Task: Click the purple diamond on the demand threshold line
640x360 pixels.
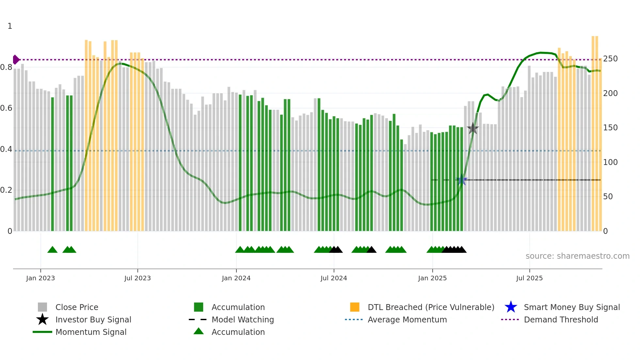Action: [x=16, y=60]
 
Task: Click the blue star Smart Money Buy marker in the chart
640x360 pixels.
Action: [x=462, y=180]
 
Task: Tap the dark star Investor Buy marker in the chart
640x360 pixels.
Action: [x=472, y=128]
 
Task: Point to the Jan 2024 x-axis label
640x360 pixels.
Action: [x=236, y=278]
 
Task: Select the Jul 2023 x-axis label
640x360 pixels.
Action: [x=137, y=278]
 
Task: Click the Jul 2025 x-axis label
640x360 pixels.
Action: [x=529, y=278]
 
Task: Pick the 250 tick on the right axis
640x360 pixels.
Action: [x=610, y=59]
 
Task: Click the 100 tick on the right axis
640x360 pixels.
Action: [x=610, y=162]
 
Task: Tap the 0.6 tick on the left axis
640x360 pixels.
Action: [x=6, y=108]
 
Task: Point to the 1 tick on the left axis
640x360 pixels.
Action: [x=10, y=26]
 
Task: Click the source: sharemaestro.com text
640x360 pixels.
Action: [x=577, y=256]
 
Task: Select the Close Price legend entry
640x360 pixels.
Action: [x=77, y=307]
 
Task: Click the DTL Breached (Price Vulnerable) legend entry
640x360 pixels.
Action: [x=431, y=307]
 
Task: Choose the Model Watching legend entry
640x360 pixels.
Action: [x=242, y=319]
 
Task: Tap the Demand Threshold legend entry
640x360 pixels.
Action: [x=561, y=319]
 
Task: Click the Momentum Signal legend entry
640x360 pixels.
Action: [x=91, y=332]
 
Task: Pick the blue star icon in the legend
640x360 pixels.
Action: [x=511, y=307]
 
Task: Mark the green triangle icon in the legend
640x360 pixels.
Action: [x=199, y=331]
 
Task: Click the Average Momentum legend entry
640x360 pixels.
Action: [x=407, y=319]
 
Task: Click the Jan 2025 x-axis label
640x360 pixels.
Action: [x=432, y=278]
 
